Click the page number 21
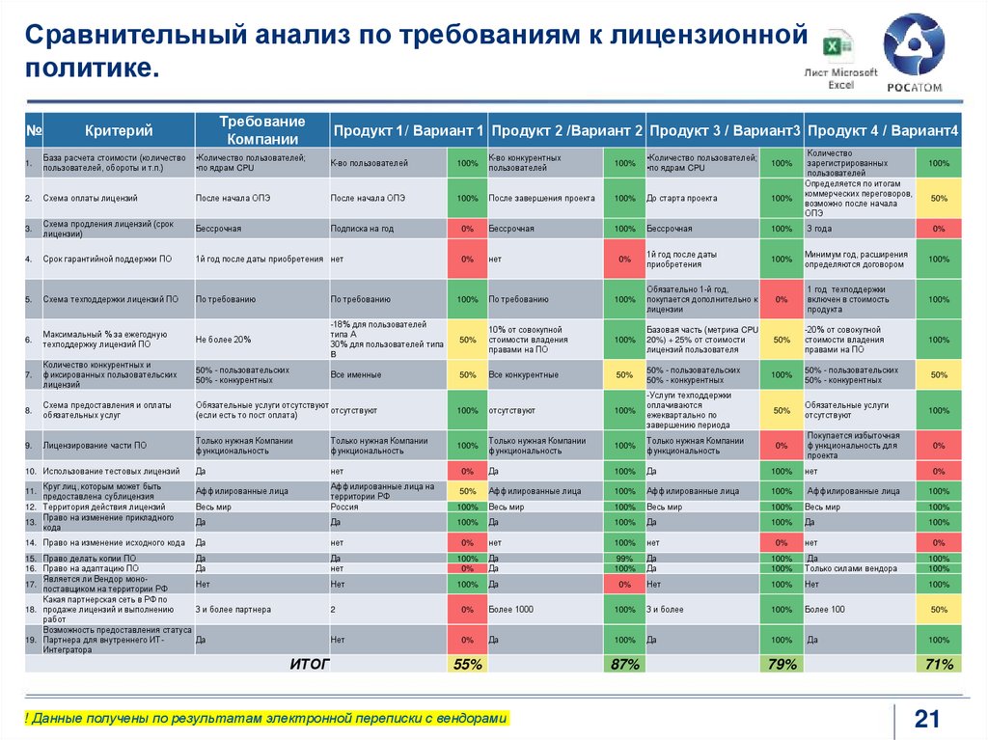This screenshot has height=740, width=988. pyautogui.click(x=926, y=719)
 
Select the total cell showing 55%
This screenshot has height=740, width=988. pyautogui.click(x=467, y=664)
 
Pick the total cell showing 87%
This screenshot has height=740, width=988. pyautogui.click(x=624, y=664)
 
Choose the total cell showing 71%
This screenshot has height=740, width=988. pyautogui.click(x=938, y=664)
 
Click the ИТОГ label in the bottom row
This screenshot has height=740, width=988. pyautogui.click(x=310, y=664)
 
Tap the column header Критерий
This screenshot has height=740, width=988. pyautogui.click(x=119, y=130)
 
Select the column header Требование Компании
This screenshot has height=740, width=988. pyautogui.click(x=261, y=130)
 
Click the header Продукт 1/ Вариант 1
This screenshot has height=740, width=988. pyautogui.click(x=408, y=130)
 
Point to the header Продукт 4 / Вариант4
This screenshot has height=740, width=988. pyautogui.click(x=882, y=130)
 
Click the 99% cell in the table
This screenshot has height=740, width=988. pyautogui.click(x=624, y=559)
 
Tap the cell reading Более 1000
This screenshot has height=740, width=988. pyautogui.click(x=511, y=610)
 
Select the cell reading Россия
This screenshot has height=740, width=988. pyautogui.click(x=344, y=507)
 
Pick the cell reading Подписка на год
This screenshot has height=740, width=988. pyautogui.click(x=362, y=229)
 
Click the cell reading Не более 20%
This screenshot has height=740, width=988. pyautogui.click(x=223, y=340)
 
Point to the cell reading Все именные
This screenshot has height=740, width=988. pyautogui.click(x=351, y=374)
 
